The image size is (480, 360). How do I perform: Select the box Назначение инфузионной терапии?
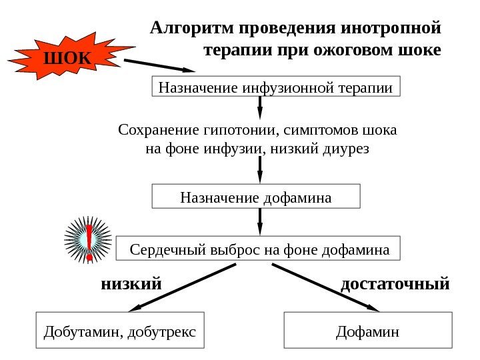click(276, 87)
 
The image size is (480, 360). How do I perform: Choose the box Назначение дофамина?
click(256, 197)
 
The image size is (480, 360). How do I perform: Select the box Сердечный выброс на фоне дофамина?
click(259, 249)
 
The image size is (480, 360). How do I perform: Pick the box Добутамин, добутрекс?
click(120, 330)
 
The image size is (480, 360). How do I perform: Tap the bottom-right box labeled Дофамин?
click(368, 330)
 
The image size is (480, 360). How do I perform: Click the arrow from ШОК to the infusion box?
click(160, 65)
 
